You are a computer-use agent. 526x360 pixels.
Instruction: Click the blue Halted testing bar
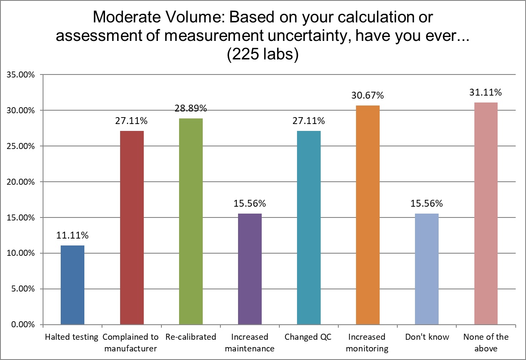pos(72,285)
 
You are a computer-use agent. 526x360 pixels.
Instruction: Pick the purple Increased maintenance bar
pos(250,269)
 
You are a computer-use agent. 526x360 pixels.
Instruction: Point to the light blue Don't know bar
pos(427,269)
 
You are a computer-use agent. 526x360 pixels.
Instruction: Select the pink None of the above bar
pos(486,213)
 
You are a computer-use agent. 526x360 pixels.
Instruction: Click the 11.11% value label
pos(72,236)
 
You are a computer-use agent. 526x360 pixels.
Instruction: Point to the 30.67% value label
pos(368,96)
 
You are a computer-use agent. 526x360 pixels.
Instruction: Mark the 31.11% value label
pos(486,93)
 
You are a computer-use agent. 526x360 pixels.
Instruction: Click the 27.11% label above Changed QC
pos(309,121)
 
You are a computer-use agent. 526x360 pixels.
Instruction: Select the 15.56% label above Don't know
pos(427,204)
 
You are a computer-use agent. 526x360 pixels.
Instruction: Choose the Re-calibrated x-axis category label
pos(191,337)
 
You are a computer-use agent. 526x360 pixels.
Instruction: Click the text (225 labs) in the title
pos(263,56)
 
